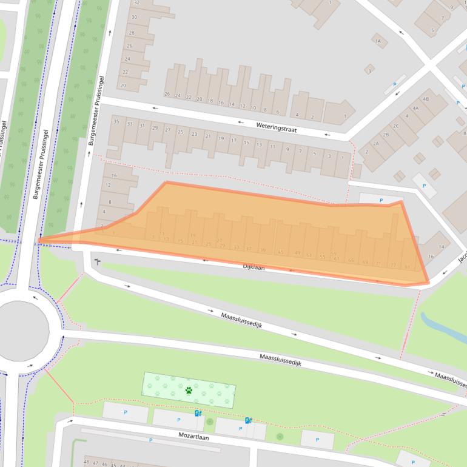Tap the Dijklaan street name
tap(254, 266)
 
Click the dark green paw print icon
tap(189, 391)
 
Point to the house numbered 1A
tap(379, 41)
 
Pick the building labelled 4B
tap(426, 99)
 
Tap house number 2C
tap(395, 126)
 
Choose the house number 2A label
tap(375, 143)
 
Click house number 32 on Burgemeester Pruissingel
tap(136, 3)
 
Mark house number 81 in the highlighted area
tap(407, 266)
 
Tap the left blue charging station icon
tap(198, 414)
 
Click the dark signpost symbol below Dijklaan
tap(97, 262)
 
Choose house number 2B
tap(386, 135)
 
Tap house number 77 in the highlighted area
tap(393, 265)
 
